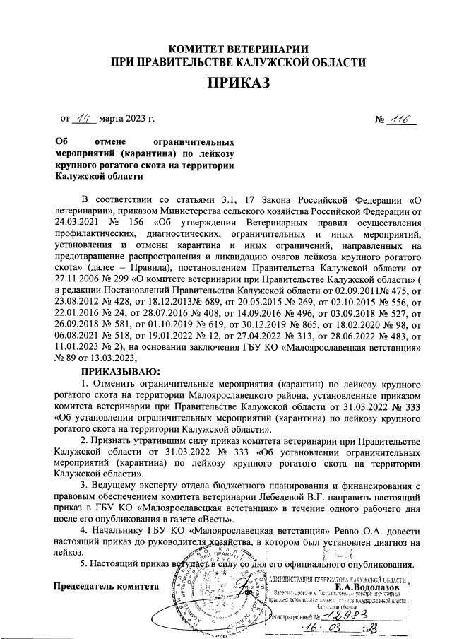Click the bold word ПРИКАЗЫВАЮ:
(x=120, y=371)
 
